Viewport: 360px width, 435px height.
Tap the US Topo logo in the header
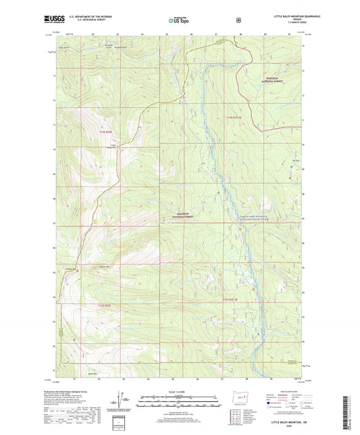click(180, 20)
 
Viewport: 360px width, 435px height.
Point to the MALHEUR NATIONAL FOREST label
click(177, 214)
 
